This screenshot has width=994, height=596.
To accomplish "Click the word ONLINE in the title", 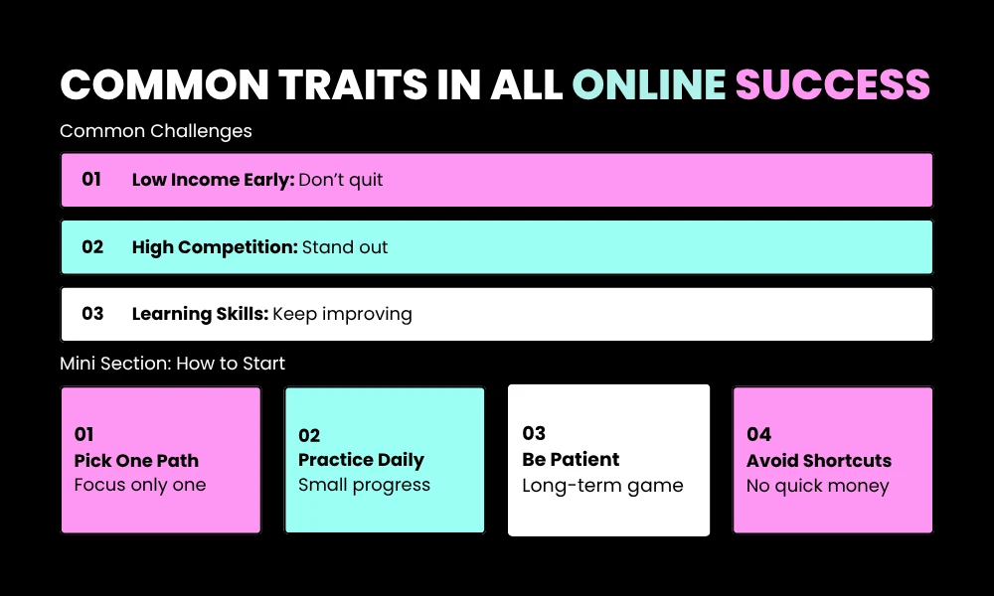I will pyautogui.click(x=649, y=85).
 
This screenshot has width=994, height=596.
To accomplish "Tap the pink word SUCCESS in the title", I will pyautogui.click(x=832, y=85).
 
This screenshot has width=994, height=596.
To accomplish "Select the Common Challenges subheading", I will pyautogui.click(x=156, y=131).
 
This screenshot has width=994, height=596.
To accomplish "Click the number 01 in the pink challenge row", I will pyautogui.click(x=91, y=180).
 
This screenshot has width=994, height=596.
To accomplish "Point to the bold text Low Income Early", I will pyautogui.click(x=213, y=180).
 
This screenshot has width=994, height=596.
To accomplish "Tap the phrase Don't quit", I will pyautogui.click(x=341, y=180).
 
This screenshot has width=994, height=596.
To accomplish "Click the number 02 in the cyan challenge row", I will pyautogui.click(x=92, y=247).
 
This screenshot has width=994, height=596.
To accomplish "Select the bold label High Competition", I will pyautogui.click(x=215, y=247).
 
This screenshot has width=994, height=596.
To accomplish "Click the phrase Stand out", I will pyautogui.click(x=345, y=247).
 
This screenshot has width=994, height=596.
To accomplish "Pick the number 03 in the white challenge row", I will pyautogui.click(x=92, y=314).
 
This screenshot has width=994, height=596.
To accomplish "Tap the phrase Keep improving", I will pyautogui.click(x=342, y=314).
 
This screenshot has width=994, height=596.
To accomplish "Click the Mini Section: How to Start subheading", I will pyautogui.click(x=172, y=364).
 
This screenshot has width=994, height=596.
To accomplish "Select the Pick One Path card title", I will pyautogui.click(x=136, y=461).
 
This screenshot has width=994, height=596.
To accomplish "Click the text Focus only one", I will pyautogui.click(x=140, y=486).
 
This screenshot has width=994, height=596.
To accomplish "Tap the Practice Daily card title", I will pyautogui.click(x=361, y=460).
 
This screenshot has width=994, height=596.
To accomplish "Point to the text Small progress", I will pyautogui.click(x=364, y=485).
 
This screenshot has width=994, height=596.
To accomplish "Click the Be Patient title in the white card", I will pyautogui.click(x=571, y=460).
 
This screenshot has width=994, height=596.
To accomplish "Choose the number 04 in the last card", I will pyautogui.click(x=758, y=434).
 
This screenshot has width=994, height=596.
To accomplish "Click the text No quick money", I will pyautogui.click(x=817, y=487).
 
